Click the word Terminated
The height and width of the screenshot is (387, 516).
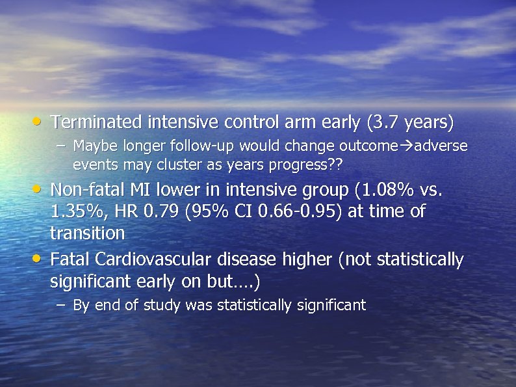(x=97, y=122)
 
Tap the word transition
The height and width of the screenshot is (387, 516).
(x=87, y=233)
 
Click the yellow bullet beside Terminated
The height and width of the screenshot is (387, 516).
(x=40, y=121)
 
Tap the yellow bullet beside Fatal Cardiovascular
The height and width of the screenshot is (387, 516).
(x=40, y=259)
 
